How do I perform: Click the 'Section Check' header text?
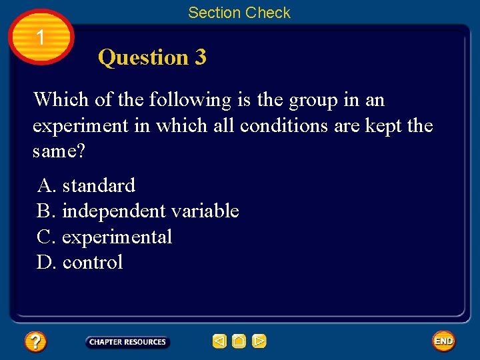tap(239, 13)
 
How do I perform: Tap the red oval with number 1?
tap(41, 37)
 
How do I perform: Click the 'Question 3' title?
tap(152, 57)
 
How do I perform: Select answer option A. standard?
tap(86, 185)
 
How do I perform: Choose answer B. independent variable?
tap(137, 211)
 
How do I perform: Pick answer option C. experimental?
tap(105, 237)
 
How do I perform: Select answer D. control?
tap(80, 263)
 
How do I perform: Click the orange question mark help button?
tap(35, 342)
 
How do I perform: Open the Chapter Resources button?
tap(127, 342)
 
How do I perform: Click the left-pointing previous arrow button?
tap(219, 341)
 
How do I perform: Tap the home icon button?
tap(239, 341)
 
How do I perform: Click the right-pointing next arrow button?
tap(259, 341)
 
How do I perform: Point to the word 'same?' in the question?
tap(59, 152)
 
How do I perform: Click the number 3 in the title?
tap(200, 57)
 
